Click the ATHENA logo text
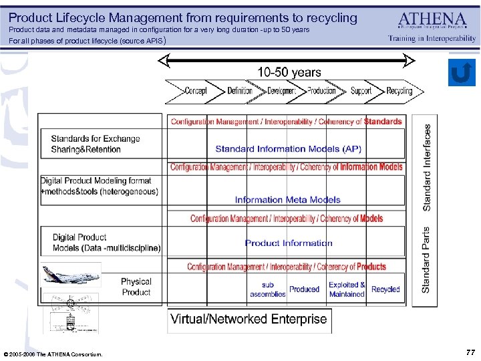[x=432, y=19]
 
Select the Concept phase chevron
[x=194, y=90]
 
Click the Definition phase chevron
[x=239, y=90]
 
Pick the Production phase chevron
[x=321, y=90]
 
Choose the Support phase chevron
[x=361, y=90]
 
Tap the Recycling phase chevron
[x=399, y=90]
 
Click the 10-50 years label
[x=289, y=72]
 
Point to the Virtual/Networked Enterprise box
[x=249, y=319]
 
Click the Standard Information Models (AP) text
[x=288, y=148]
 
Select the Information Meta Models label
[x=287, y=199]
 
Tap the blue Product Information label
[x=288, y=243]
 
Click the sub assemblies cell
[x=268, y=289]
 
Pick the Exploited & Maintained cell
[x=347, y=289]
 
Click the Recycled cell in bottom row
[x=385, y=289]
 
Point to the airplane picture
[x=71, y=275]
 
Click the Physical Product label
[x=136, y=287]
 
